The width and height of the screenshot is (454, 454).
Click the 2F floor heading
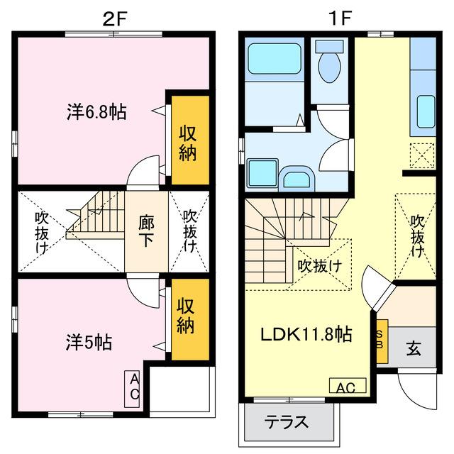pyautogui.click(x=114, y=18)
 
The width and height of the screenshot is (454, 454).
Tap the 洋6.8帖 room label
pyautogui.click(x=97, y=112)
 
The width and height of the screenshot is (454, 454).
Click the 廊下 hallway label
pyautogui.click(x=147, y=231)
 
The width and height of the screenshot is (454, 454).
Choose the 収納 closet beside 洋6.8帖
pyautogui.click(x=187, y=143)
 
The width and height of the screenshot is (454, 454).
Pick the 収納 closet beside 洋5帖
pyautogui.click(x=187, y=318)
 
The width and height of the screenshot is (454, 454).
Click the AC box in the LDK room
pyautogui.click(x=347, y=387)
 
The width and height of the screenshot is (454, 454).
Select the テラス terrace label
pyautogui.click(x=287, y=421)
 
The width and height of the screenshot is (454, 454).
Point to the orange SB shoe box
pyautogui.click(x=382, y=342)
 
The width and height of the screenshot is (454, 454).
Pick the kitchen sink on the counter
pyautogui.click(x=424, y=110)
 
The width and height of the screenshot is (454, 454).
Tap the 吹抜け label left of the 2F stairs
pyautogui.click(x=43, y=232)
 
